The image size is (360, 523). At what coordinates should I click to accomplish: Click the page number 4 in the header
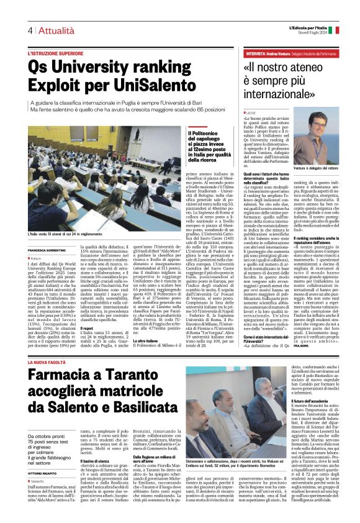(x=29, y=30)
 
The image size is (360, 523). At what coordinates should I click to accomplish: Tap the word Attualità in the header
(x=51, y=30)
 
